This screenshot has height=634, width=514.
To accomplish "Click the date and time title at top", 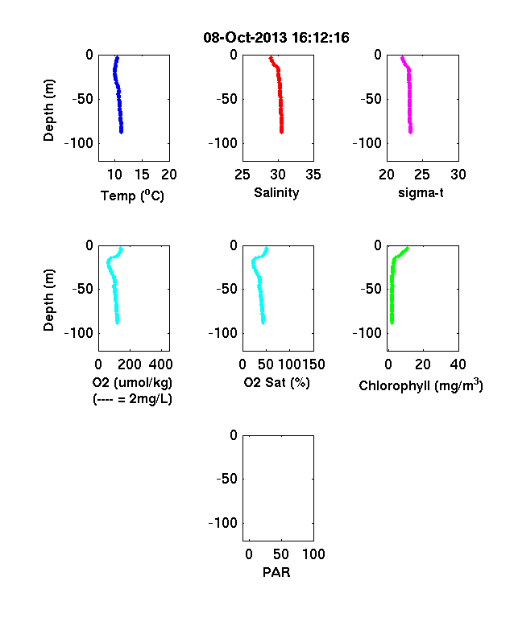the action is point(276,38).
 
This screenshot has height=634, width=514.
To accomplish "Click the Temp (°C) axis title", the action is point(132,196).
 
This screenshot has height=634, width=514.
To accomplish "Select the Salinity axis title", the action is point(276,193).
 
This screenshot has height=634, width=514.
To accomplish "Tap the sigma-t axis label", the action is point(421,193).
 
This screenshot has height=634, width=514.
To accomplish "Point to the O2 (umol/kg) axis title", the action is point(132,382).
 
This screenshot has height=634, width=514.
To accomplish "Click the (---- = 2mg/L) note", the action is point(132,399).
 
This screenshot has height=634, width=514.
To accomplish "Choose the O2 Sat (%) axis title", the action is point(276,382).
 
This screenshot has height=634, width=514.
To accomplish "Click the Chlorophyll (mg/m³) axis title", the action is point(421,385).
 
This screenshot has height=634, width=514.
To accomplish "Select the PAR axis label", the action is point(276,572).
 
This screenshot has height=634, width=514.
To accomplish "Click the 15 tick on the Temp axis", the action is point(142,175).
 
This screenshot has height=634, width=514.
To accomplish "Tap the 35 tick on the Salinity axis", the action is point(313,175).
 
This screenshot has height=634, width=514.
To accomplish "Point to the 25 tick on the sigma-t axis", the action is point(422,175).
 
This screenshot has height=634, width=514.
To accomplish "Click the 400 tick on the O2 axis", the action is point(160,364).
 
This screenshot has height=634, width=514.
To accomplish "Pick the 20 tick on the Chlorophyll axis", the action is point(423,364).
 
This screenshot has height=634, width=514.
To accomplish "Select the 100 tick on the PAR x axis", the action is point(313,554).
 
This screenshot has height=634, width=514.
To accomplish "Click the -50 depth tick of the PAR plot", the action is point(226,479).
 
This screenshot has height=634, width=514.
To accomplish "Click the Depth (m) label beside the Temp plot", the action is point(48,110).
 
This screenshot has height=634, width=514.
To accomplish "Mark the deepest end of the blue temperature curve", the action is point(121,132).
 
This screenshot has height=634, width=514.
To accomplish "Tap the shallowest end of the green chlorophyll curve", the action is point(408,248).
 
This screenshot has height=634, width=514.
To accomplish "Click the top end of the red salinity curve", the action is point(271,58).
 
